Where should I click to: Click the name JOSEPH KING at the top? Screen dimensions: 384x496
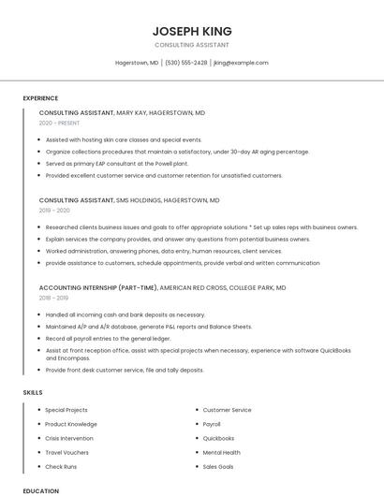pyautogui.click(x=191, y=30)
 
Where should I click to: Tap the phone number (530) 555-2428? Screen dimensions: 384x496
pyautogui.click(x=186, y=63)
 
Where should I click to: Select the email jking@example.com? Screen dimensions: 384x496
pyautogui.click(x=241, y=63)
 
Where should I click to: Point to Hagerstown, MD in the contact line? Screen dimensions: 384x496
pyautogui.click(x=137, y=63)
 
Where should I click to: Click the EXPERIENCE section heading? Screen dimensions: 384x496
pyautogui.click(x=40, y=98)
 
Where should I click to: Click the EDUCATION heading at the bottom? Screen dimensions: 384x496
pyautogui.click(x=40, y=490)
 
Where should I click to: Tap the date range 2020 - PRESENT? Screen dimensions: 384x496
pyautogui.click(x=60, y=124)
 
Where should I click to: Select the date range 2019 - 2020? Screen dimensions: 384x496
pyautogui.click(x=54, y=212)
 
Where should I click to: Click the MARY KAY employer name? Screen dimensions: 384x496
pyautogui.click(x=131, y=112)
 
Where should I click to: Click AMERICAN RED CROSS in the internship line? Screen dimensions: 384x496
pyautogui.click(x=192, y=288)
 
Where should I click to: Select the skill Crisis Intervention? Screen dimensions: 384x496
pyautogui.click(x=69, y=438)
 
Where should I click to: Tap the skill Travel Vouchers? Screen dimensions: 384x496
pyautogui.click(x=66, y=452)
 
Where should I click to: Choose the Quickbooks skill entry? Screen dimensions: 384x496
pyautogui.click(x=218, y=438)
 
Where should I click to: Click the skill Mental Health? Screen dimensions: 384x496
pyautogui.click(x=221, y=452)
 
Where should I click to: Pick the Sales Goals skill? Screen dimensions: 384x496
pyautogui.click(x=218, y=466)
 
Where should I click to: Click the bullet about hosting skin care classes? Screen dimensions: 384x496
pyautogui.click(x=117, y=139)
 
